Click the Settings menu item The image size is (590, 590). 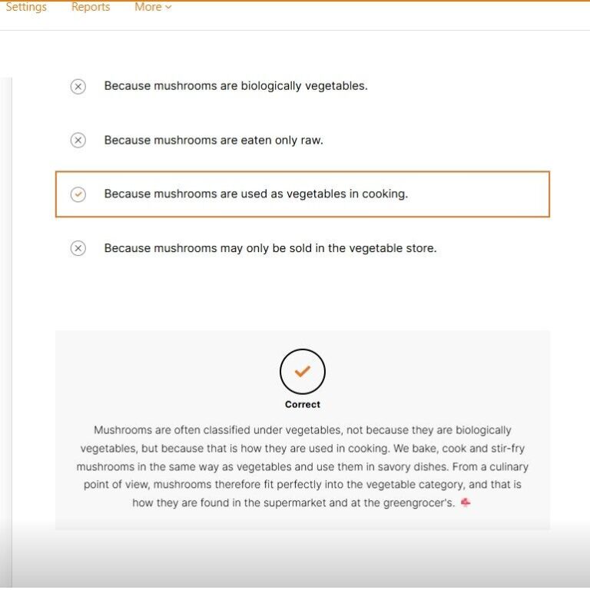(26, 7)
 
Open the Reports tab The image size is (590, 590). (91, 7)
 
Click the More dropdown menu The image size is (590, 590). (153, 7)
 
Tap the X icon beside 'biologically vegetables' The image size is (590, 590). (78, 87)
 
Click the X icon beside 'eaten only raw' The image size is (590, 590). (78, 141)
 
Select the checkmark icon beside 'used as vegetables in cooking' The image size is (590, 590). (78, 194)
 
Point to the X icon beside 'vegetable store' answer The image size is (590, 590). (78, 248)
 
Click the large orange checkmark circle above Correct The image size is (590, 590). (303, 372)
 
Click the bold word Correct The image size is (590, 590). (303, 405)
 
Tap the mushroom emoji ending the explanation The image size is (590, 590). (466, 502)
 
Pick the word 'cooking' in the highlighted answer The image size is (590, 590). (384, 194)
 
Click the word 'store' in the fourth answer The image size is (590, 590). (419, 248)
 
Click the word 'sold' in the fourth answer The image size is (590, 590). (284, 248)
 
